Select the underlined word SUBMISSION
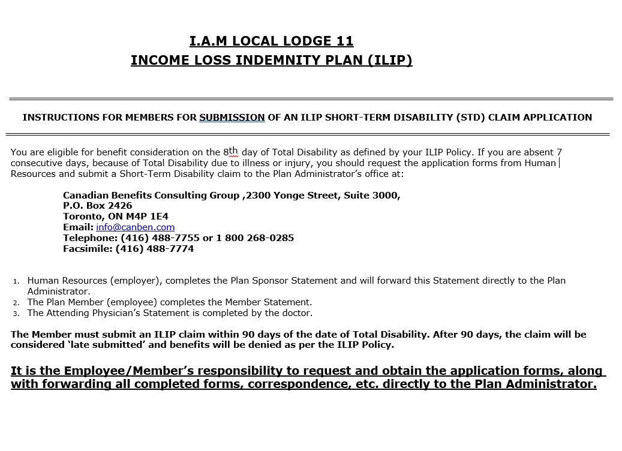[x=232, y=118]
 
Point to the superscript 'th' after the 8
[x=233, y=151]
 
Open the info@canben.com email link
[x=135, y=227]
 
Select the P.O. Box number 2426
[x=120, y=206]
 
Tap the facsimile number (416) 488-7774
[x=154, y=249]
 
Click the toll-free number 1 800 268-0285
[x=255, y=238]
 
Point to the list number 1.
[x=16, y=281]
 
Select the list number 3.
[x=16, y=314]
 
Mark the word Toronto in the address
[x=83, y=217]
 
